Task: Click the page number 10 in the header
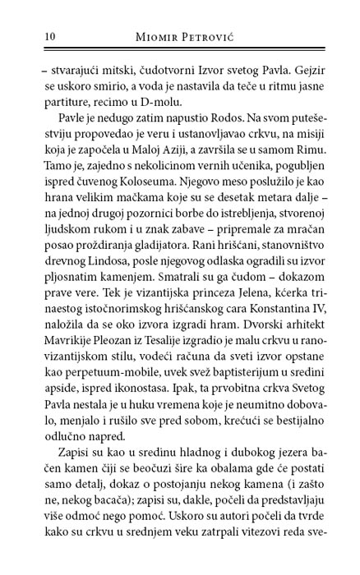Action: [x=26, y=36]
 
